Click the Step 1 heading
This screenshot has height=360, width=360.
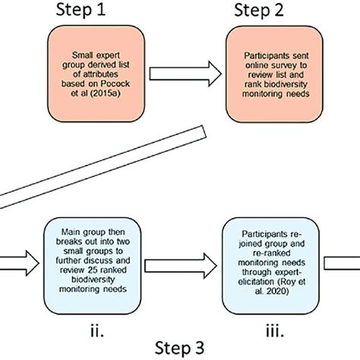[81, 11]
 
